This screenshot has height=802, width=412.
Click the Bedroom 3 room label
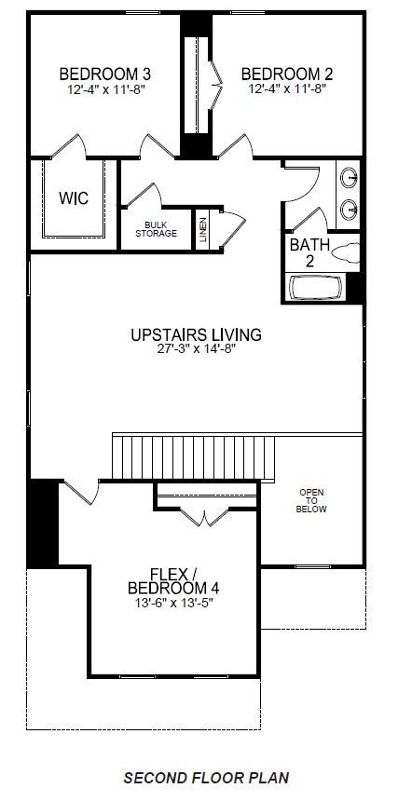point(105,74)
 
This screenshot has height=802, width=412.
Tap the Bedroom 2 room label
point(286,74)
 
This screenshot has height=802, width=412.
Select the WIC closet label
point(74,198)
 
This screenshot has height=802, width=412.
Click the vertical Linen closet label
point(202,230)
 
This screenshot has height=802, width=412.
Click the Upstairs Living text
point(196,334)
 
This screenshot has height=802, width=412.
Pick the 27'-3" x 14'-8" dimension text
point(196,350)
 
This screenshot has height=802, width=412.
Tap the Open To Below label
point(310,501)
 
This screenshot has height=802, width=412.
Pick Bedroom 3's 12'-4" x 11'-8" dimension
point(105,89)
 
